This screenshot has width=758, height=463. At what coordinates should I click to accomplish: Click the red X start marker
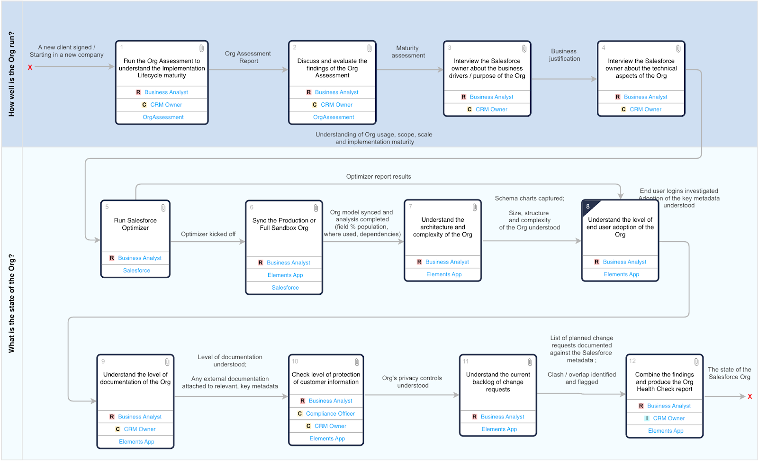(30, 67)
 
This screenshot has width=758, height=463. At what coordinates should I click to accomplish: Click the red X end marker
(750, 396)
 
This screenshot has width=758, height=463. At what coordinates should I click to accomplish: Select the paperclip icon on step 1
(201, 48)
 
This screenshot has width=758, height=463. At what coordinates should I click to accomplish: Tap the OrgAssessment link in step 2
(334, 117)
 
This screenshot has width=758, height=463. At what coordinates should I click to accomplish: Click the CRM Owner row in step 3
(487, 109)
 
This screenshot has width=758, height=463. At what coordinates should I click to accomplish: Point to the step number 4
(604, 48)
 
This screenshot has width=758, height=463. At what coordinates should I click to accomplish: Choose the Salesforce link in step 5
(136, 271)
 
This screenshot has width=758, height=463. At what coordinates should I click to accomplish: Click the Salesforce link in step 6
(285, 287)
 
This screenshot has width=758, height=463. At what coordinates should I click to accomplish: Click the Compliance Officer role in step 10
(330, 413)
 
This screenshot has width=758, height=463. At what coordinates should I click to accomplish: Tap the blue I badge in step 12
(647, 418)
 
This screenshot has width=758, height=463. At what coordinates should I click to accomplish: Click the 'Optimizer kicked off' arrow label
(208, 234)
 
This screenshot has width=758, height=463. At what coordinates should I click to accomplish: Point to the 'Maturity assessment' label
(408, 52)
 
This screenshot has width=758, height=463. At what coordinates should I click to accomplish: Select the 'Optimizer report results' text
(379, 176)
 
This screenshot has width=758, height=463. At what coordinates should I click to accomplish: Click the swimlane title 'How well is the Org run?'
(11, 74)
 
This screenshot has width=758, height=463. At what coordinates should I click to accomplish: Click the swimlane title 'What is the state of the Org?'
(11, 303)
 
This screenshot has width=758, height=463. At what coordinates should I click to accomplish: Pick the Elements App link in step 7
(444, 274)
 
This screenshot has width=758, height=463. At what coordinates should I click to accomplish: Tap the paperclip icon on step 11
(530, 362)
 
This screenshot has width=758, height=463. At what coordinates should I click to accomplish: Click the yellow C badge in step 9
(118, 429)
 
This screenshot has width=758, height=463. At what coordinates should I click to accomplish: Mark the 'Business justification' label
(564, 55)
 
